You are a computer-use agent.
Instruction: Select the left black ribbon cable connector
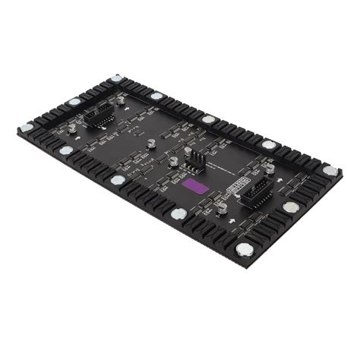coord(99,115)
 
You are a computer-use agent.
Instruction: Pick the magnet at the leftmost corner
coord(27,127)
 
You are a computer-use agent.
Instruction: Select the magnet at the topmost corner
coord(115,78)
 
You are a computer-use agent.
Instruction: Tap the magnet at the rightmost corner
coord(330,170)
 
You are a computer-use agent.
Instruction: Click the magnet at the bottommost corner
coord(245,250)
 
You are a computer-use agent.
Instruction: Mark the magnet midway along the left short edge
coord(74,102)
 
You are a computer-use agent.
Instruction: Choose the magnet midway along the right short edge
coord(290,207)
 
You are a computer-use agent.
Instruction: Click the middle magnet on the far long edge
coord(209,120)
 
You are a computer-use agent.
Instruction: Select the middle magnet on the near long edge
coord(118,181)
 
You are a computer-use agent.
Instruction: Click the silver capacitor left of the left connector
coord(71,129)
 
